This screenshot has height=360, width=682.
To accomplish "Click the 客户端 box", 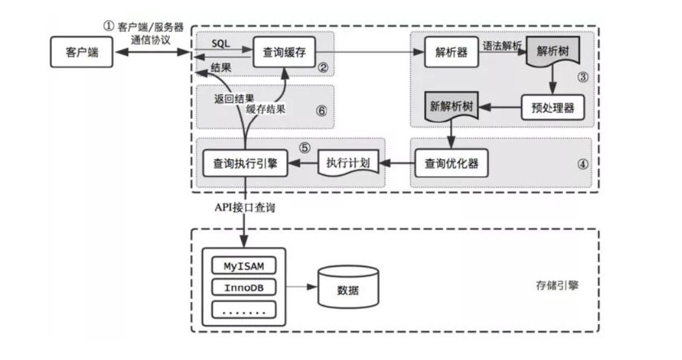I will click(81, 52).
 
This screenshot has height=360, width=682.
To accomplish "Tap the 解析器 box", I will click(451, 52).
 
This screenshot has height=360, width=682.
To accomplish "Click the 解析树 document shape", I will click(552, 52).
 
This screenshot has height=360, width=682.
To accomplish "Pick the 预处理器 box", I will click(552, 107).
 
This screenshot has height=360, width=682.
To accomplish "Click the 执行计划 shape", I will click(348, 162).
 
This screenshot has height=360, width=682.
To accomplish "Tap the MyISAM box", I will click(244, 266).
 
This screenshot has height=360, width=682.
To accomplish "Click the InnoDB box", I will click(244, 287).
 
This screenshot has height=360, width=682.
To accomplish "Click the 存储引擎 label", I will click(551, 286).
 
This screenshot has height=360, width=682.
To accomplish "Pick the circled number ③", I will click(583, 76).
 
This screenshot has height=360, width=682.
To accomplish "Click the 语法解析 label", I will click(503, 45).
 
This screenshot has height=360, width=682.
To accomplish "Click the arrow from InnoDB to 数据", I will click(301, 287).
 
